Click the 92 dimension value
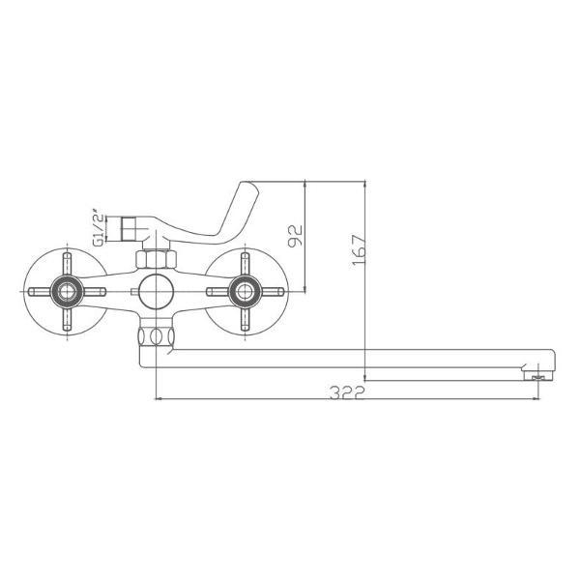(297, 235)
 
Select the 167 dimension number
(357, 251)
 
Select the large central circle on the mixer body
(155, 290)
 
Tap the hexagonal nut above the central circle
(155, 259)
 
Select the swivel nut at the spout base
(155, 336)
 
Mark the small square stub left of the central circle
(130, 290)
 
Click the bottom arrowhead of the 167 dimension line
(365, 377)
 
